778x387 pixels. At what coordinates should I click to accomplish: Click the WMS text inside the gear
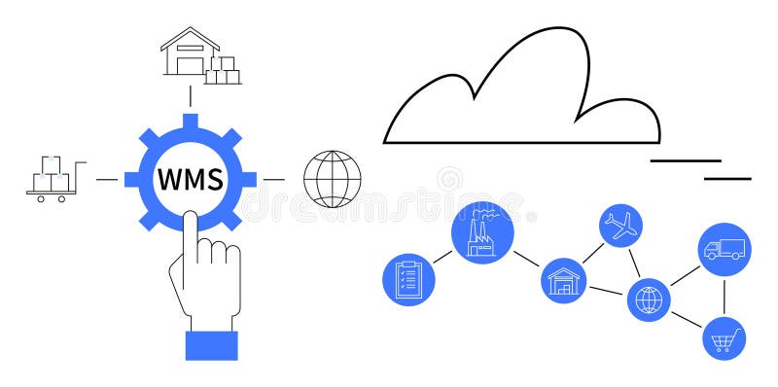(x=190, y=179)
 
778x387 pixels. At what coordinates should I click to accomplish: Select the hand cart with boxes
(x=54, y=179)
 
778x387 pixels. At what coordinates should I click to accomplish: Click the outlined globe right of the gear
(x=333, y=179)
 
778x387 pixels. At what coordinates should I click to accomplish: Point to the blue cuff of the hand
(x=211, y=345)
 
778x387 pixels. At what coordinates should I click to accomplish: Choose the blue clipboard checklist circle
(x=407, y=279)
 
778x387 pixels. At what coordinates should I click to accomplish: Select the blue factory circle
(x=482, y=233)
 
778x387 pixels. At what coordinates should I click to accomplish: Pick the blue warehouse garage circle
(x=564, y=281)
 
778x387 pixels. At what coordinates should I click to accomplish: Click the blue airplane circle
(x=619, y=228)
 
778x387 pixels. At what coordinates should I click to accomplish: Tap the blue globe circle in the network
(x=649, y=299)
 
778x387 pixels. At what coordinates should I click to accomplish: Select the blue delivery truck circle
(x=725, y=249)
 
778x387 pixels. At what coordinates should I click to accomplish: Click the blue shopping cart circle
(x=725, y=338)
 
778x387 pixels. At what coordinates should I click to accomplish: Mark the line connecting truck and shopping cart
(x=725, y=295)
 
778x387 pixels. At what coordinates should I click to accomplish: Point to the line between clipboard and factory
(x=442, y=257)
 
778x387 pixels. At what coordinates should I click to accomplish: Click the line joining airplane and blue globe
(x=634, y=263)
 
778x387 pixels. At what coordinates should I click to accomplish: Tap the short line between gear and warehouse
(x=191, y=95)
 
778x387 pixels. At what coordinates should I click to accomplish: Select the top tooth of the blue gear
(x=191, y=122)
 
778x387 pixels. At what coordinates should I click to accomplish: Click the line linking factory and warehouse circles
(x=526, y=259)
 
